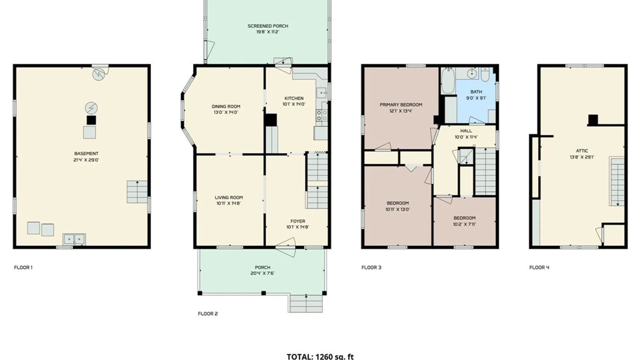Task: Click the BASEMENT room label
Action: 86,154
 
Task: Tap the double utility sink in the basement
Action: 74,239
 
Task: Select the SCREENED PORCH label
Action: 268,26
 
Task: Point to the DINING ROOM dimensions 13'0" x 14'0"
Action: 226,113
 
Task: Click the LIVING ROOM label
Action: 229,197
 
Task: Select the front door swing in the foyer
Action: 286,247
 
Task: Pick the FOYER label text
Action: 298,221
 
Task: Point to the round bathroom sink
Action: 472,74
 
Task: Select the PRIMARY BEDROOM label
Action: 401,105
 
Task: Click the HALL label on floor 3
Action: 466,131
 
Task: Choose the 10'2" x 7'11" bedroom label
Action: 464,221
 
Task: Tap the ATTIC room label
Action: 582,151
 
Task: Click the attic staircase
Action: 617,182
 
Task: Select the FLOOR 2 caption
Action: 208,314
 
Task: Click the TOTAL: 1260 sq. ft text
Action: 320,356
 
